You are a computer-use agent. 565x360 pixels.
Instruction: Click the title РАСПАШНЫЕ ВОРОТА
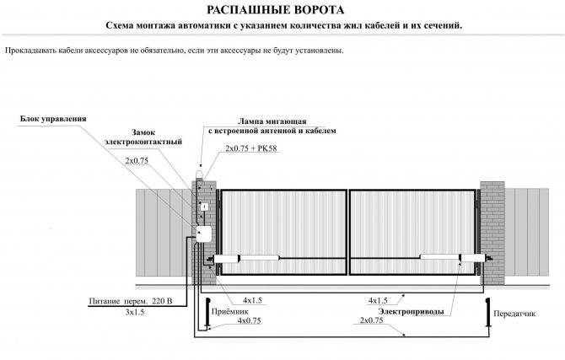coord(275,10)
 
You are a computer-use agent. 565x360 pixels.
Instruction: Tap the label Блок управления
coord(53,119)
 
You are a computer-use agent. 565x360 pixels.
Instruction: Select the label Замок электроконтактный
coord(143,137)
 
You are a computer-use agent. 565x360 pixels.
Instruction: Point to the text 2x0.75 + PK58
coord(251,148)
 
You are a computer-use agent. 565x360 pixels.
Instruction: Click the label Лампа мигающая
coord(272,121)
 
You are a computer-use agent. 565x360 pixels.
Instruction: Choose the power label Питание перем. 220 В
coord(131,301)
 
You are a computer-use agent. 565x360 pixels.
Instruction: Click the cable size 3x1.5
coord(135,312)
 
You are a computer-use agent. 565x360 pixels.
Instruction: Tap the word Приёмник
coord(230,312)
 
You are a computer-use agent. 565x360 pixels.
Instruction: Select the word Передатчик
coord(514,314)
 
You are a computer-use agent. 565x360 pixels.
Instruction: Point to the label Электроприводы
coord(412,311)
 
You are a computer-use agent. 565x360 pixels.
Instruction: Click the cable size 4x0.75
coord(250,320)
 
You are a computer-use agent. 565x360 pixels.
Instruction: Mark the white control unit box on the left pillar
coord(204,234)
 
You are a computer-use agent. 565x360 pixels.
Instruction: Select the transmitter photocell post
coord(488,313)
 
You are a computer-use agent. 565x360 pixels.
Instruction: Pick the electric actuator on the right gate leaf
coord(455,258)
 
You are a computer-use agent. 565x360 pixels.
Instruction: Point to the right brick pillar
coord(492,233)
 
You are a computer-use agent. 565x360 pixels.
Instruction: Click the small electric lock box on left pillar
coord(204,207)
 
